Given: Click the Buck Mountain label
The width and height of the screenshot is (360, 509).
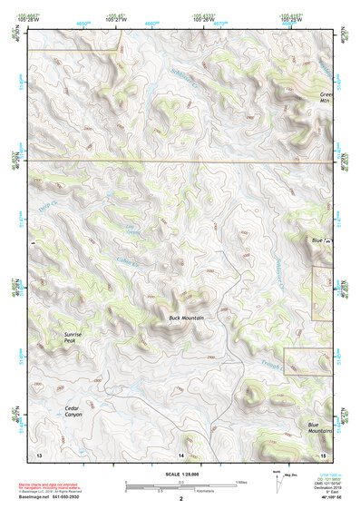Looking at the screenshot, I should [x=186, y=318].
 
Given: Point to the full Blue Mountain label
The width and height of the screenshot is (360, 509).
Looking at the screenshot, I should [x=319, y=428].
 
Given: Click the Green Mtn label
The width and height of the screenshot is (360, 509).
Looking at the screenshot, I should [x=327, y=97].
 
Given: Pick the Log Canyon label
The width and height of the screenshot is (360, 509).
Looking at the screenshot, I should [x=134, y=231].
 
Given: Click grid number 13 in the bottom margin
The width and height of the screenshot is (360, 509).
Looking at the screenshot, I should [x=39, y=453].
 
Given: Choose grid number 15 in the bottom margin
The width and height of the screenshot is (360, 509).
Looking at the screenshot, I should [x=322, y=453].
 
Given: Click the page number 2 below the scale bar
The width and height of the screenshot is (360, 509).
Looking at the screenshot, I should [x=181, y=499].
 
